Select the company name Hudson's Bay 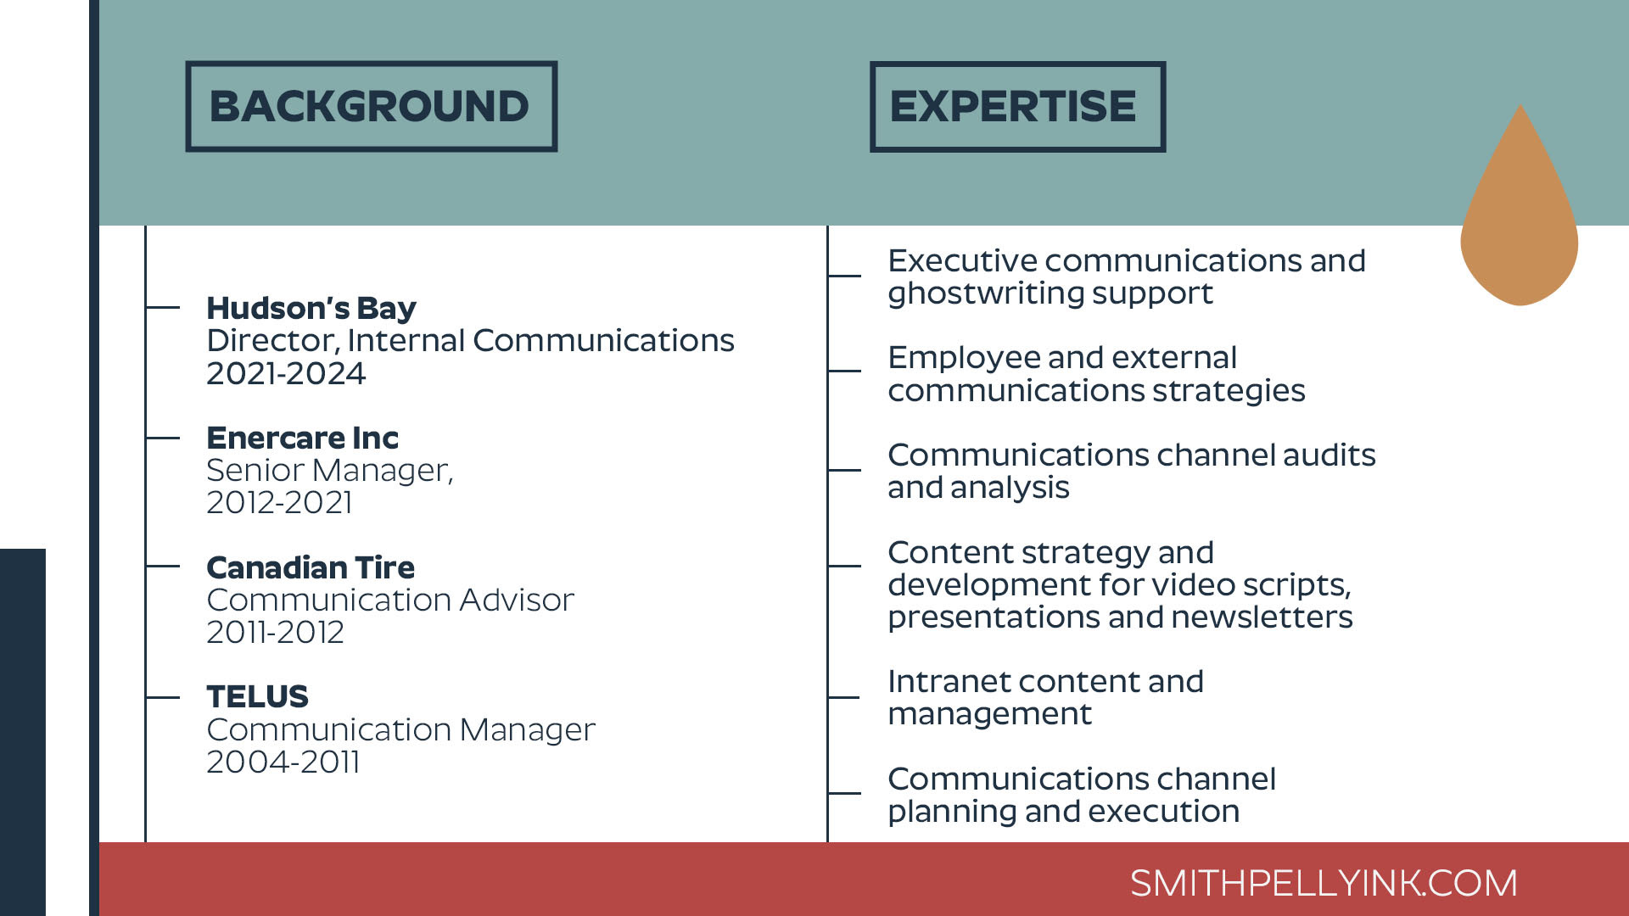tap(311, 308)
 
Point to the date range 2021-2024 tap(286, 373)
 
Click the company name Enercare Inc tap(303, 438)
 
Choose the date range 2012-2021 tap(279, 502)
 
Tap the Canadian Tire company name tap(311, 567)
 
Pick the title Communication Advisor tap(390, 600)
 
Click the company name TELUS tap(258, 696)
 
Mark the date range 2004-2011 tap(283, 762)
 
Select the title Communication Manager tap(401, 729)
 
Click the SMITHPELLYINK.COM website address tap(1324, 883)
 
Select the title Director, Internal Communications tap(471, 341)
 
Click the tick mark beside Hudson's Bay tap(163, 307)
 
